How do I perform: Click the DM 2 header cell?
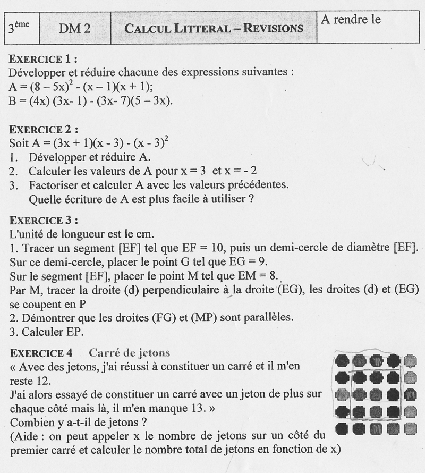pyautogui.click(x=74, y=28)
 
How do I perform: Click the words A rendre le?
pyautogui.click(x=351, y=21)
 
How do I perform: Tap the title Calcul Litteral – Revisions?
pyautogui.click(x=214, y=28)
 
